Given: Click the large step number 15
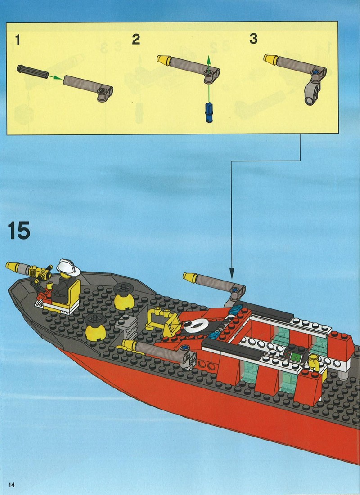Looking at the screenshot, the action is (18, 230).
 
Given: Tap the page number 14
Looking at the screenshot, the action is (12, 485).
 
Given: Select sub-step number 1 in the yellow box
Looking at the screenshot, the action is (18, 40).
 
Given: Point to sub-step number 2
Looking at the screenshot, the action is (136, 40).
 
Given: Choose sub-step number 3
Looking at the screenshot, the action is (253, 39).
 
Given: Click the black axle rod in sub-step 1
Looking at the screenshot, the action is (33, 71).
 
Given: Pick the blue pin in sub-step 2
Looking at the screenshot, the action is (208, 112).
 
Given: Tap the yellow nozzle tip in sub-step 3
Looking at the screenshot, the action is (270, 59).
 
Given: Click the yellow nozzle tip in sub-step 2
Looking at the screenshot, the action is (164, 60).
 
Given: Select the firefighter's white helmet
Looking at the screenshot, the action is (68, 267).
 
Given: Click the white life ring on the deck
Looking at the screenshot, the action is (195, 326).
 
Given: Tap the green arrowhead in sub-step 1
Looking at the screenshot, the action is (58, 78).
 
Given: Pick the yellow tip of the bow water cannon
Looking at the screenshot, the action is (13, 267).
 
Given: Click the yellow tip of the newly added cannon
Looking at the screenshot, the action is (190, 277).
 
